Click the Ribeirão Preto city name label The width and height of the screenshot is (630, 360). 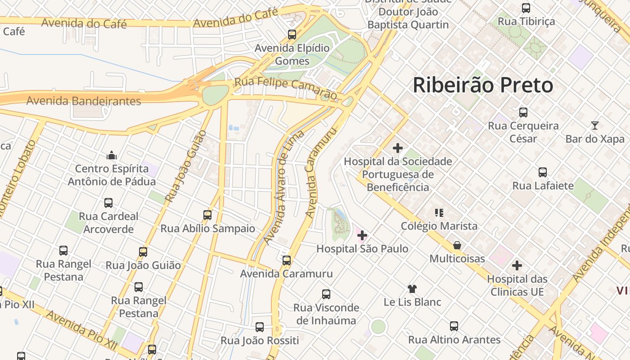(x=483, y=85)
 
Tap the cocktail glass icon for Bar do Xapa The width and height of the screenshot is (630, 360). (x=595, y=126)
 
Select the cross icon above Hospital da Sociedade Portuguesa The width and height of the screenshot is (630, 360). (x=398, y=148)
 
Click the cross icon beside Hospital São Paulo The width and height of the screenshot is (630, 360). (x=362, y=235)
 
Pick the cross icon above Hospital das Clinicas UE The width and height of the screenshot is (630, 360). (x=517, y=265)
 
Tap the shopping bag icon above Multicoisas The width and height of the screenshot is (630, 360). (x=457, y=245)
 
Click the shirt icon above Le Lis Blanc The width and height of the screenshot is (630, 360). (x=412, y=288)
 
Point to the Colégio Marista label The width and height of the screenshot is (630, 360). (x=439, y=226)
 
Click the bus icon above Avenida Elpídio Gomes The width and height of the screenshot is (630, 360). (x=292, y=34)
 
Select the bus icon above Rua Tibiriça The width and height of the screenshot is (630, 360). (x=526, y=8)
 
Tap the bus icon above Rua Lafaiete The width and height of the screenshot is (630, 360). (x=543, y=172)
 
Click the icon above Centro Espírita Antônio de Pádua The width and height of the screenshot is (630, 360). (x=112, y=156)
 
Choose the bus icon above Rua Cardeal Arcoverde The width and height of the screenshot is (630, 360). (x=108, y=202)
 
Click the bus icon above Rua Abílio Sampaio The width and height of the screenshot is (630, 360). (x=207, y=215)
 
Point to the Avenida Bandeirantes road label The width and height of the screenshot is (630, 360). (x=84, y=100)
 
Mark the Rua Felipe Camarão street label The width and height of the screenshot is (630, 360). (x=285, y=88)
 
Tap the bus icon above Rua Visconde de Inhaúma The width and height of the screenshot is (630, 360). (x=326, y=294)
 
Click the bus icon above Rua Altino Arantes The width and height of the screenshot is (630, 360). (x=454, y=326)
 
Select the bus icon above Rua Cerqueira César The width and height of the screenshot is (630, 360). (x=523, y=112)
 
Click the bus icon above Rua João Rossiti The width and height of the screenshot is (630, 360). (x=260, y=327)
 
